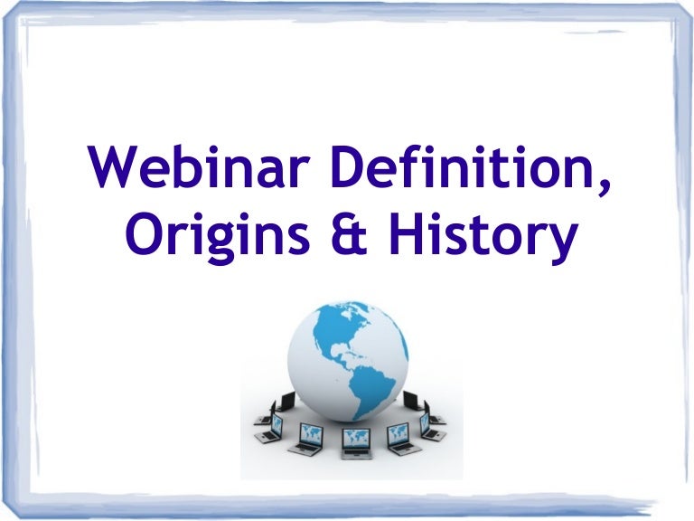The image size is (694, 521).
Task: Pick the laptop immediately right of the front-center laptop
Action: pyautogui.click(x=398, y=438)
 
